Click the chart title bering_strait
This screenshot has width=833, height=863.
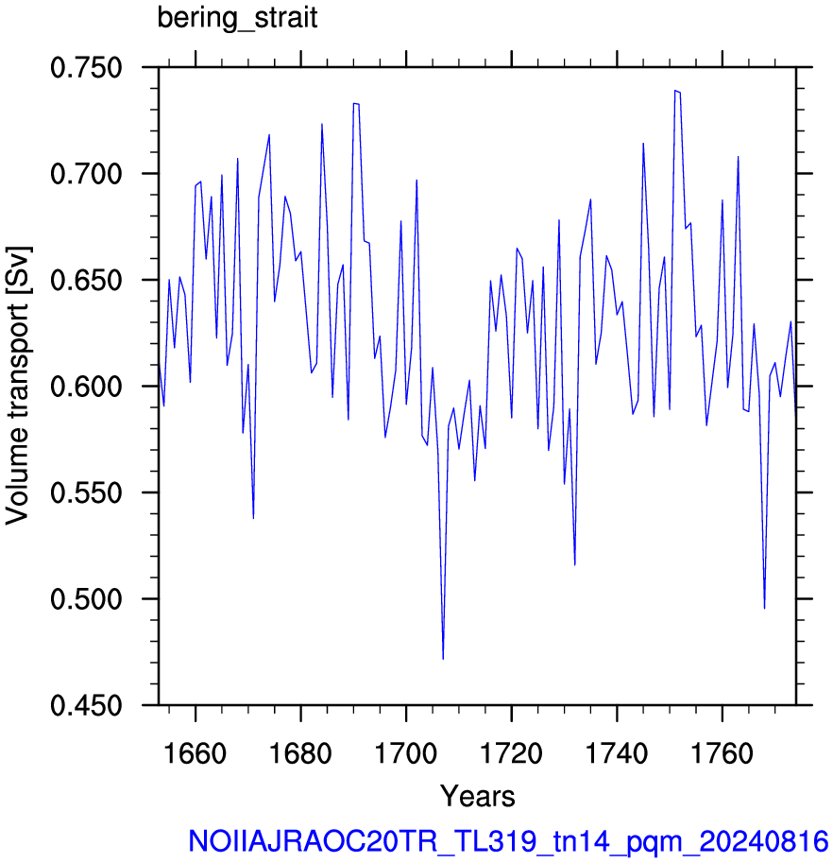tap(237, 18)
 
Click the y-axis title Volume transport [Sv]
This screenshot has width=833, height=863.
tap(18, 386)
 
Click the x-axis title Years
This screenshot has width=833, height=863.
tap(477, 796)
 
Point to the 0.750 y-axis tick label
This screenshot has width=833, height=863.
tap(86, 68)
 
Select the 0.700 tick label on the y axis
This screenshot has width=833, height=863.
tap(86, 174)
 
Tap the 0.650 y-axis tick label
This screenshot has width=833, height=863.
tap(86, 280)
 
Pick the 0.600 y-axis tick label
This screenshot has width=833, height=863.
tap(86, 387)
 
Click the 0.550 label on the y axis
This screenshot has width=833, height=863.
tap(86, 492)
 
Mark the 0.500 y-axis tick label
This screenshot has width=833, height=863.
tap(86, 599)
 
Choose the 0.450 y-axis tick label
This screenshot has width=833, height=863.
tap(86, 705)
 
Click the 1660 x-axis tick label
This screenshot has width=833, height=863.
tap(195, 753)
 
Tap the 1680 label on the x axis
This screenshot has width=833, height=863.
tap(300, 753)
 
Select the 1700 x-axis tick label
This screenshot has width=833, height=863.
tap(406, 753)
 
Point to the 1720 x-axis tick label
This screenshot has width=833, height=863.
tap(511, 753)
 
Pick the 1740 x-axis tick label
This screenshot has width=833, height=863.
tap(617, 753)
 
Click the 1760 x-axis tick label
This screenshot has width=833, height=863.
tap(722, 753)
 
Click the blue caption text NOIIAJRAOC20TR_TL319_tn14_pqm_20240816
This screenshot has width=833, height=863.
tap(508, 841)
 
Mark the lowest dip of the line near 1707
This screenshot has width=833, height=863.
tap(443, 659)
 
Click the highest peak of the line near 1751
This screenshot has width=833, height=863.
tap(675, 90)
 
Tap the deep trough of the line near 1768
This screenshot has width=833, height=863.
tap(764, 608)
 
